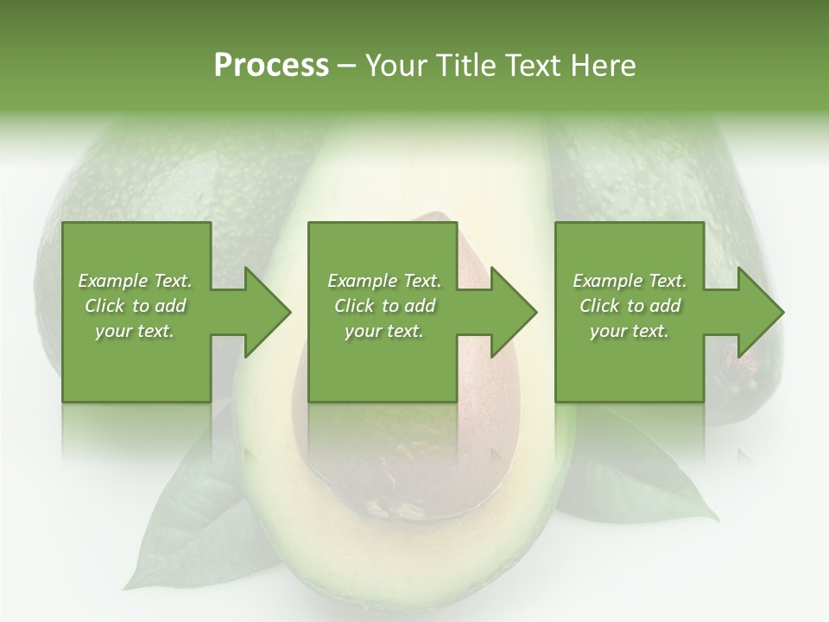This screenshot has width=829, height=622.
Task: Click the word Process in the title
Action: pos(271,66)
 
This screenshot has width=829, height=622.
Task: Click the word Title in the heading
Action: pos(460,66)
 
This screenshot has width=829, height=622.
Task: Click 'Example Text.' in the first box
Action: pos(135,281)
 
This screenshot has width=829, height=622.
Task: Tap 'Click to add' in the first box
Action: pos(135,306)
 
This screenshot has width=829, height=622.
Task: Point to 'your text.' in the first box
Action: pos(135,331)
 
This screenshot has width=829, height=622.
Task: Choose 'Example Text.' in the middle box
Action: pos(383,281)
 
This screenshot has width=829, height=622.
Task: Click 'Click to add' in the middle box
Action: pos(383,306)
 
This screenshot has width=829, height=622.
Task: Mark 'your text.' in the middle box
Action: pos(383,331)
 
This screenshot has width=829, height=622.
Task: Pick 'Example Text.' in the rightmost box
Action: pos(630,281)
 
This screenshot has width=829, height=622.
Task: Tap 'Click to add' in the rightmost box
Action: pos(630,306)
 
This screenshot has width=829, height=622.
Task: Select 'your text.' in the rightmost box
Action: pos(630,331)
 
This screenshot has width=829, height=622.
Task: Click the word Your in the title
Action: pos(394,66)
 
